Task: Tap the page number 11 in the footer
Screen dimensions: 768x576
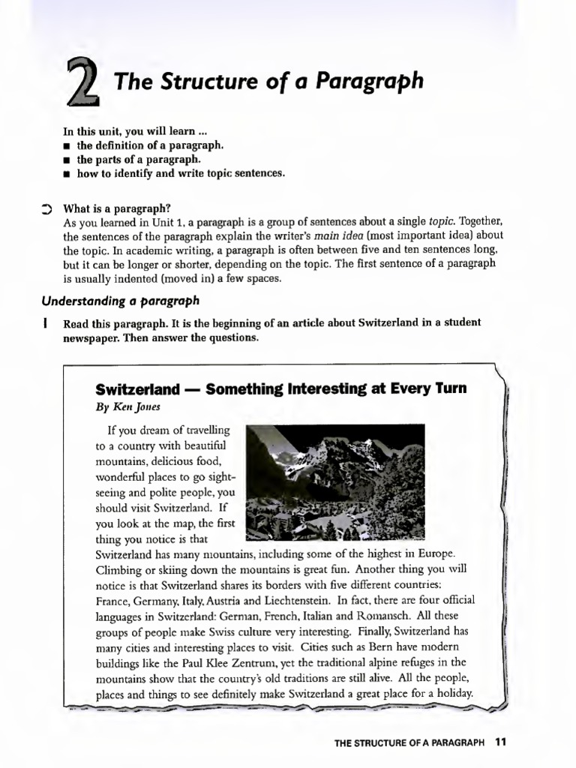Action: point(501,742)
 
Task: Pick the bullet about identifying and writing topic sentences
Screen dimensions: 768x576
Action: point(181,173)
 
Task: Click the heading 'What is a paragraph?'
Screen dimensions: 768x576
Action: point(117,208)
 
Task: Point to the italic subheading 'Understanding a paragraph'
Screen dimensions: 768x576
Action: point(121,301)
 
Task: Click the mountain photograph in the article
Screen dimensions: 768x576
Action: point(334,481)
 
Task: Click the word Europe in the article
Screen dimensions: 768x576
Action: point(434,553)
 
